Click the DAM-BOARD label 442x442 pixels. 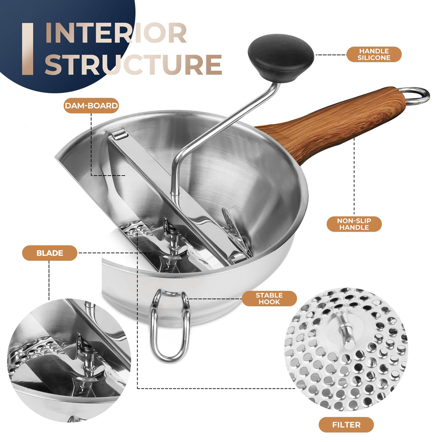91,106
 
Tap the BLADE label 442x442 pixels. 50,253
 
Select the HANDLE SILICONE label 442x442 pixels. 374,54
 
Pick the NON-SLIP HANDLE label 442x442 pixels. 354,224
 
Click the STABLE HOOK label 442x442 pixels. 269,298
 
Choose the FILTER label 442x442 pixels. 346,425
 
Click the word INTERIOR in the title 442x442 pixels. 115,33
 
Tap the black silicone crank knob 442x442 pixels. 281,58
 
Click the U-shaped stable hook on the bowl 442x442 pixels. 169,327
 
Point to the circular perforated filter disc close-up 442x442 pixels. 346,349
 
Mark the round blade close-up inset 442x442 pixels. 69,360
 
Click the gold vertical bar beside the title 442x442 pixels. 27,49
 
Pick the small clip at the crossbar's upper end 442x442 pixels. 119,134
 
